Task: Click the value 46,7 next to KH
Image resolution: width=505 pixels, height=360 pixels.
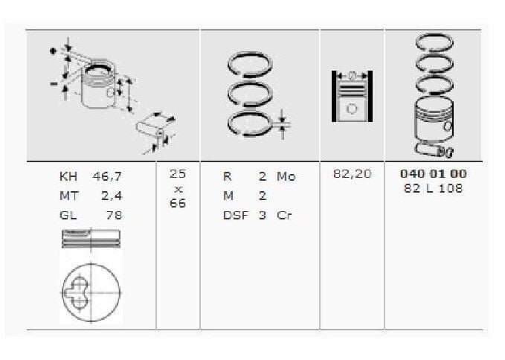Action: [107, 177]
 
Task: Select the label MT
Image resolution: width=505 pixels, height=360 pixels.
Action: [68, 196]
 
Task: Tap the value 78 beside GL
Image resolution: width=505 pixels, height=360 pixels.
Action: [113, 216]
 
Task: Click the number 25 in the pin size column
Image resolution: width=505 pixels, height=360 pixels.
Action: [178, 173]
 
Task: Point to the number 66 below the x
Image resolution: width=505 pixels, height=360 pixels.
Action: [178, 205]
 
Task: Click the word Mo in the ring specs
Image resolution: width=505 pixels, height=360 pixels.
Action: [286, 177]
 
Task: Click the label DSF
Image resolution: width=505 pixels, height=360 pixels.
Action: [236, 216]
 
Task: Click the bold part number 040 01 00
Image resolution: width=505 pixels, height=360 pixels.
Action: [433, 173]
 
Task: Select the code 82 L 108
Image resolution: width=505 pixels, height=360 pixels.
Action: [433, 188]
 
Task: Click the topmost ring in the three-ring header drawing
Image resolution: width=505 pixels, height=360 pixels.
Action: [251, 68]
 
